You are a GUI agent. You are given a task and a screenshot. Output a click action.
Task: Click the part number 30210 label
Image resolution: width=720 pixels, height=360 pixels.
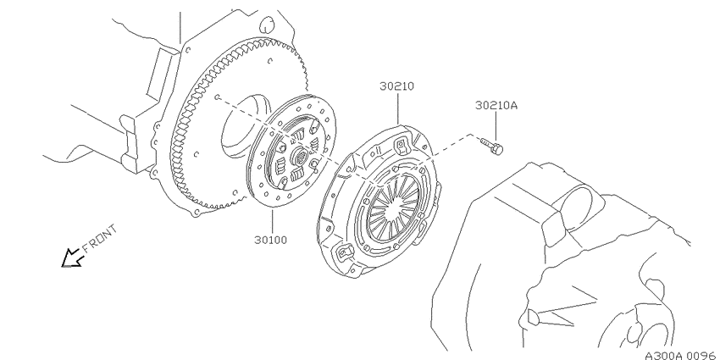[x=396, y=86]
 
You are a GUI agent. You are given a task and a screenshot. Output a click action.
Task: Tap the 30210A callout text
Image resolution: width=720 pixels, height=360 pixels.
[x=496, y=106]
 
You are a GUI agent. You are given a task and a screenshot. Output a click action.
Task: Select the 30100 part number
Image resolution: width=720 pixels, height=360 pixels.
[x=271, y=240]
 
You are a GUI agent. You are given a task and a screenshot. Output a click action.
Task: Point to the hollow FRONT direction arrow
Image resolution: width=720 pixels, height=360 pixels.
[x=73, y=258]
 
